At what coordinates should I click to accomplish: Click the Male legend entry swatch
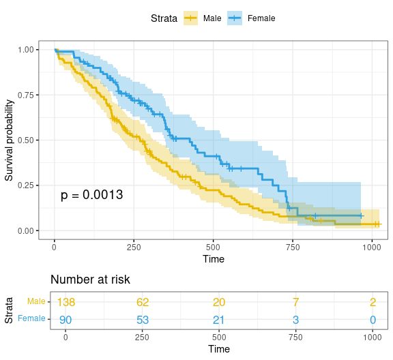pyautogui.click(x=190, y=18)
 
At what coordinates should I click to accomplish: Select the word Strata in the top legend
pyautogui.click(x=164, y=18)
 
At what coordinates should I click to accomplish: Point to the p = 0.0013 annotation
pyautogui.click(x=91, y=195)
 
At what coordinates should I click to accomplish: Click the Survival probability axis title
pyautogui.click(x=10, y=140)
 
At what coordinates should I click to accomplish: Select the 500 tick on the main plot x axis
pyautogui.click(x=213, y=246)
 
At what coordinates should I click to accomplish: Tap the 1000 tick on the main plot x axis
pyautogui.click(x=372, y=246)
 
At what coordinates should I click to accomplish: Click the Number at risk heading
pyautogui.click(x=90, y=280)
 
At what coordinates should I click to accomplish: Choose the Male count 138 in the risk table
pyautogui.click(x=65, y=302)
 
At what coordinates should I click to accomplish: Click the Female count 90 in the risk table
pyautogui.click(x=65, y=318)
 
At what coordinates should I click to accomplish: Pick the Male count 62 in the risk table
pyautogui.click(x=142, y=302)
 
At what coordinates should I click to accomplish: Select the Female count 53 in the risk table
pyautogui.click(x=142, y=318)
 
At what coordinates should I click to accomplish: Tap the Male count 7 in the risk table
pyautogui.click(x=295, y=302)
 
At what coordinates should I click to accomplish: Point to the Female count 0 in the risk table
pyautogui.click(x=372, y=318)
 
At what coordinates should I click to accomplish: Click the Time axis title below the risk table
pyautogui.click(x=218, y=349)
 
